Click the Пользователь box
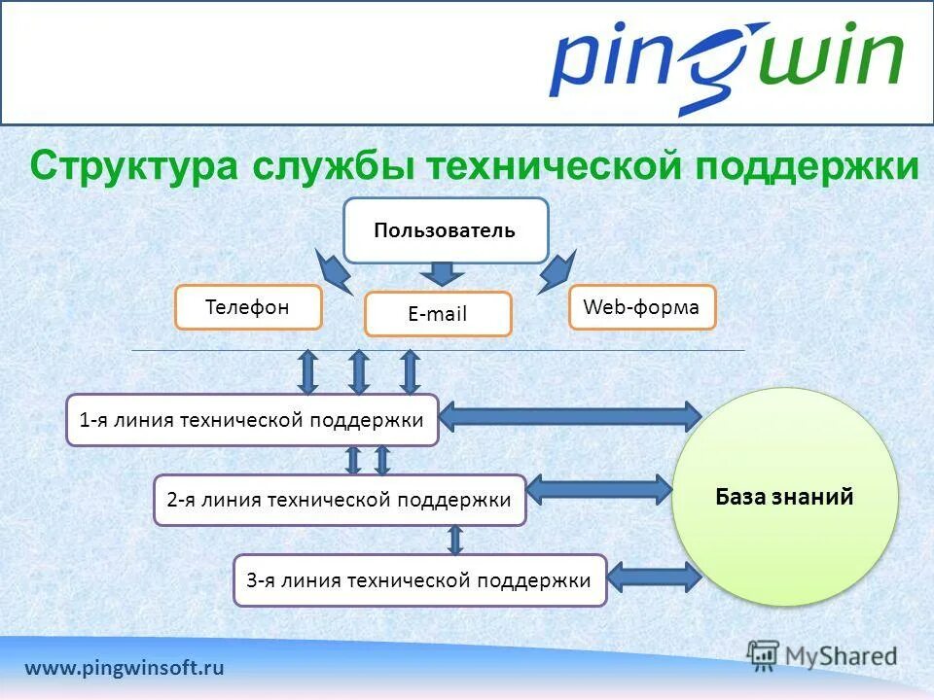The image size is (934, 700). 446,230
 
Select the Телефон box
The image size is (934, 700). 248,307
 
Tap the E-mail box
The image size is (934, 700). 438,314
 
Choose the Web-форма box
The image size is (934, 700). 641,307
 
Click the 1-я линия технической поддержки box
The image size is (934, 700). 252,420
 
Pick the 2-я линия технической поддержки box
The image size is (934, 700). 340,500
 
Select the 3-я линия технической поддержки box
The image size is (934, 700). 419,580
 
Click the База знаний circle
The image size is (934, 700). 784,497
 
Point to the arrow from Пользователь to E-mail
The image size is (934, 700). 443,272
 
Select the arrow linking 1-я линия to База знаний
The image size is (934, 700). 571,416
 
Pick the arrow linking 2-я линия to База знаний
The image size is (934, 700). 599,489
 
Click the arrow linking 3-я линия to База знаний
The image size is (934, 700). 653,577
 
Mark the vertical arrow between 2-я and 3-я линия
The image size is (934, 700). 454,540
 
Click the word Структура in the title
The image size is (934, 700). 133,166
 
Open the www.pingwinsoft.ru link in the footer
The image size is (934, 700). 125,668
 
